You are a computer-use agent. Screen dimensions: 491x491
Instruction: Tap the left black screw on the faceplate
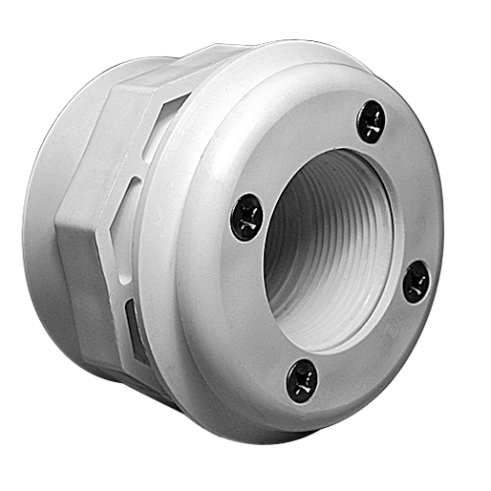(245, 216)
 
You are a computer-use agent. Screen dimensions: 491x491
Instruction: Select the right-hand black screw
(416, 281)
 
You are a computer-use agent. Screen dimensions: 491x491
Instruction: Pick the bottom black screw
(301, 379)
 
